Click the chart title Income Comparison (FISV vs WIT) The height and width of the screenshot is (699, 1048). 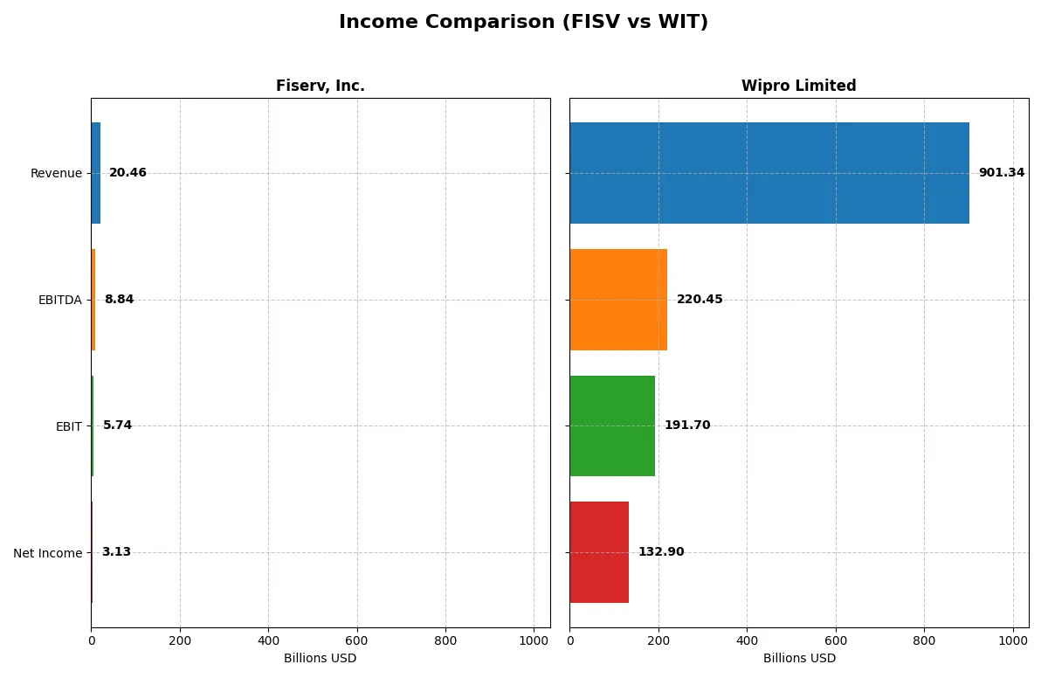click(523, 23)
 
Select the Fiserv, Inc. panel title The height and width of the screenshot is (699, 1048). click(320, 86)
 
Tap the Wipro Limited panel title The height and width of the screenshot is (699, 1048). click(798, 86)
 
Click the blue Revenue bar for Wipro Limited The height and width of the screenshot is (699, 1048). click(769, 173)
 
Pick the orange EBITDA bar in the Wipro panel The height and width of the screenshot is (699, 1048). click(618, 300)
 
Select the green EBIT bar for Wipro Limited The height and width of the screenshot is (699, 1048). click(612, 426)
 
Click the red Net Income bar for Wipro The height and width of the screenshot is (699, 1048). click(599, 552)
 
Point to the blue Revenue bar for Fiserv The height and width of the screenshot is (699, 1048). click(95, 173)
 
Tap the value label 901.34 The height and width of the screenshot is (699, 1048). click(1001, 173)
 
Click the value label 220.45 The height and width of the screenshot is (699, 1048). click(700, 300)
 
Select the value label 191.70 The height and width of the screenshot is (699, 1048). click(687, 426)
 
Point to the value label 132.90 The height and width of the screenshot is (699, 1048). click(661, 552)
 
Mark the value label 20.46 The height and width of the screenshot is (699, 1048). click(128, 173)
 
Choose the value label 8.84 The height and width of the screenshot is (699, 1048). click(119, 300)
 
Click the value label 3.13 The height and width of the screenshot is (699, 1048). click(116, 552)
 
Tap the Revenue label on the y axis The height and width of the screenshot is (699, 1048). click(56, 174)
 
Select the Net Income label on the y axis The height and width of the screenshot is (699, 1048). click(47, 553)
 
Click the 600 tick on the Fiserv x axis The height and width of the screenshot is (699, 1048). click(357, 640)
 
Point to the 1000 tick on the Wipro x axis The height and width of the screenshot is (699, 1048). click(1013, 640)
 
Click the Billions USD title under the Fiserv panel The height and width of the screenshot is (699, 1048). click(320, 658)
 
